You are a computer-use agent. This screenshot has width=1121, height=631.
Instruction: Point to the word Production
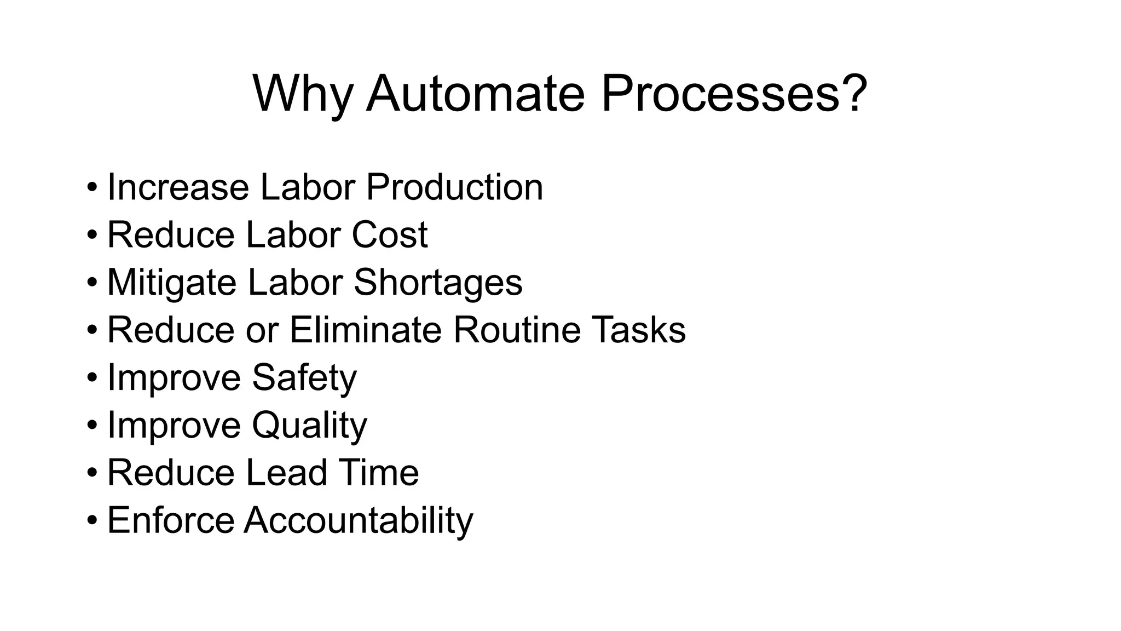(x=454, y=187)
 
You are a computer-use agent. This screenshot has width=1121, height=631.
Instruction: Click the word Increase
(x=178, y=187)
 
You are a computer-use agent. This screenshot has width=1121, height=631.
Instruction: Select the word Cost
(x=389, y=235)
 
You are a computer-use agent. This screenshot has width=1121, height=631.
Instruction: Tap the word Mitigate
(x=171, y=283)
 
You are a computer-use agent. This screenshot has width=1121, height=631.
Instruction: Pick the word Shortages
(x=438, y=283)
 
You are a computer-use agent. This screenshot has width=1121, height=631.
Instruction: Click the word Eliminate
(x=365, y=330)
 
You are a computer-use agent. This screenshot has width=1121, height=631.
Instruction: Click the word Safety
(x=304, y=378)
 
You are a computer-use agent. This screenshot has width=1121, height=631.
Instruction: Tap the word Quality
(x=309, y=426)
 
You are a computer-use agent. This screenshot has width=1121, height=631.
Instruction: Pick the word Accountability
(x=359, y=520)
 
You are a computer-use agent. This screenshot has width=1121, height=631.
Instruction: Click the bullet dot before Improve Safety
(x=92, y=378)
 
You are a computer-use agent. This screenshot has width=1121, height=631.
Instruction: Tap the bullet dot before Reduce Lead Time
(x=92, y=473)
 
